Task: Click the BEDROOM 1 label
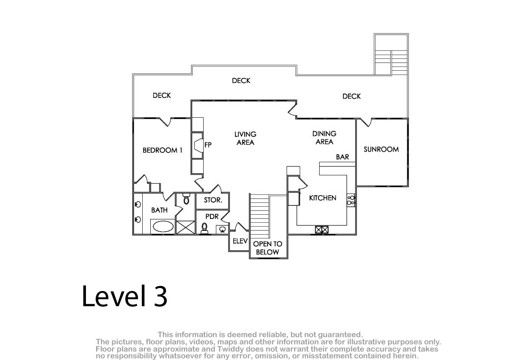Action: pyautogui.click(x=163, y=150)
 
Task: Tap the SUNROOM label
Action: pyautogui.click(x=381, y=149)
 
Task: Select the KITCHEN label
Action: pyautogui.click(x=323, y=198)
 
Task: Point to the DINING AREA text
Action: pyautogui.click(x=324, y=138)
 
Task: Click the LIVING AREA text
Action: pyautogui.click(x=246, y=138)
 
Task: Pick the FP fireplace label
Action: pyautogui.click(x=208, y=145)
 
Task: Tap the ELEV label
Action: pyautogui.click(x=240, y=241)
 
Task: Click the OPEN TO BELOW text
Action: pyautogui.click(x=268, y=248)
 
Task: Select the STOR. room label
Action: pyautogui.click(x=213, y=200)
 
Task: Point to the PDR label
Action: pyautogui.click(x=212, y=216)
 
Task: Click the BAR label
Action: pyautogui.click(x=342, y=157)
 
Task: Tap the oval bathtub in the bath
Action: pyautogui.click(x=163, y=227)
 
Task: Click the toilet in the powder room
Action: pyautogui.click(x=204, y=228)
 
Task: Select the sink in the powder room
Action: pyautogui.click(x=222, y=229)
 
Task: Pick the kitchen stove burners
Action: pyautogui.click(x=351, y=200)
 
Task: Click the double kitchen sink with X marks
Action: pyautogui.click(x=322, y=230)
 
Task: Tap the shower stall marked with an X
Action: pyautogui.click(x=185, y=227)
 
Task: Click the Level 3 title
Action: pyautogui.click(x=124, y=296)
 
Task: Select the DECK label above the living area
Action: pyautogui.click(x=241, y=81)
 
